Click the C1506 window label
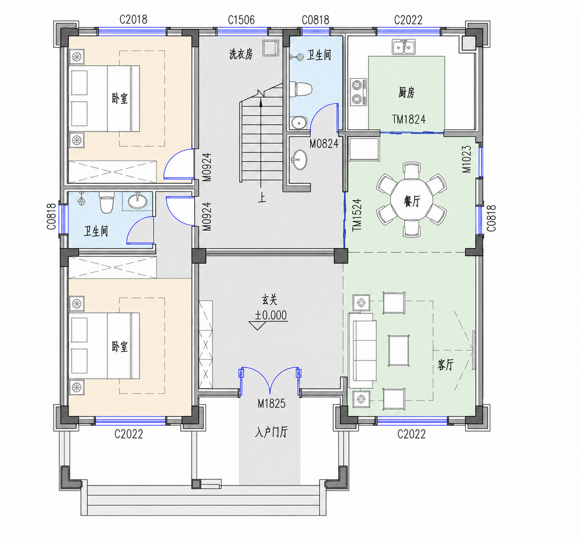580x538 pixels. (x=241, y=20)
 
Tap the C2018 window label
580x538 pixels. (x=133, y=19)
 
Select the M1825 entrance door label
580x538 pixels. (x=271, y=403)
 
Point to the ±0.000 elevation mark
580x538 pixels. (x=271, y=315)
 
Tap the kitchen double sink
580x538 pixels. (x=403, y=47)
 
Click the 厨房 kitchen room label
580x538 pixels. (x=406, y=92)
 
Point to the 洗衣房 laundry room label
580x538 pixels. (x=241, y=54)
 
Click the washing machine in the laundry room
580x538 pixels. (x=271, y=48)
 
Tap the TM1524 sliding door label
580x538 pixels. (x=357, y=215)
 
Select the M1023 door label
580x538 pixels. (x=467, y=159)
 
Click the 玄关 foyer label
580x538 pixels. (x=269, y=300)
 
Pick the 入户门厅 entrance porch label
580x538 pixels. (x=271, y=432)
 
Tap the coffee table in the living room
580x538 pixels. (x=399, y=351)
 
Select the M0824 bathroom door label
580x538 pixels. (x=324, y=143)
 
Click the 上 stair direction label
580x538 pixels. (x=261, y=198)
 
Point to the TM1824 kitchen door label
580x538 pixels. (x=408, y=119)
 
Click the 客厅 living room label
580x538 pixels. (x=445, y=365)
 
